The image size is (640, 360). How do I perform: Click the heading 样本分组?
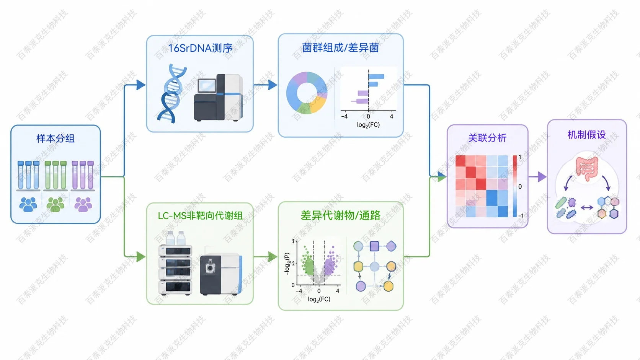coord(56,138)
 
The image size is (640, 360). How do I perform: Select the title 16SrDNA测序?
coord(200,48)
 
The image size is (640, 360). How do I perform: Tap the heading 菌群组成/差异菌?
coord(341,48)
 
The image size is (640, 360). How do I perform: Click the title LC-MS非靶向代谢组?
coord(200,216)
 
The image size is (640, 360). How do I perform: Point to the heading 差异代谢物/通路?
coord(341,215)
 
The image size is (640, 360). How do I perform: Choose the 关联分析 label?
coord(487,138)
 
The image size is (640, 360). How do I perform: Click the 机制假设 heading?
coord(587,135)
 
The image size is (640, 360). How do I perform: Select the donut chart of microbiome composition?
coord(307,93)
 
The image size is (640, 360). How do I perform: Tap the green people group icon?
coord(56,204)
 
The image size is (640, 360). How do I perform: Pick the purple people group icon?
coord(83,204)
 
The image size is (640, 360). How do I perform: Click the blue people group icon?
coord(28,204)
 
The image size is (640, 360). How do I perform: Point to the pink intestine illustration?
coord(587,168)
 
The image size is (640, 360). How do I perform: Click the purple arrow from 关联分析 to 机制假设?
coord(537,177)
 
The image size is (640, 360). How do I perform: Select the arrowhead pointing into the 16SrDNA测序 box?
coord(141,85)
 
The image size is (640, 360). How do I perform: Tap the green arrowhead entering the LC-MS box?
coord(141,257)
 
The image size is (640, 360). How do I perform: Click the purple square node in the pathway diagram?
coord(374,246)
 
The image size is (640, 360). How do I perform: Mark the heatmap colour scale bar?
coord(514,186)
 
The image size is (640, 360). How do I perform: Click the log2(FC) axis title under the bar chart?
coord(368,125)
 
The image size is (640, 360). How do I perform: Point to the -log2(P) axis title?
coord(287,264)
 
